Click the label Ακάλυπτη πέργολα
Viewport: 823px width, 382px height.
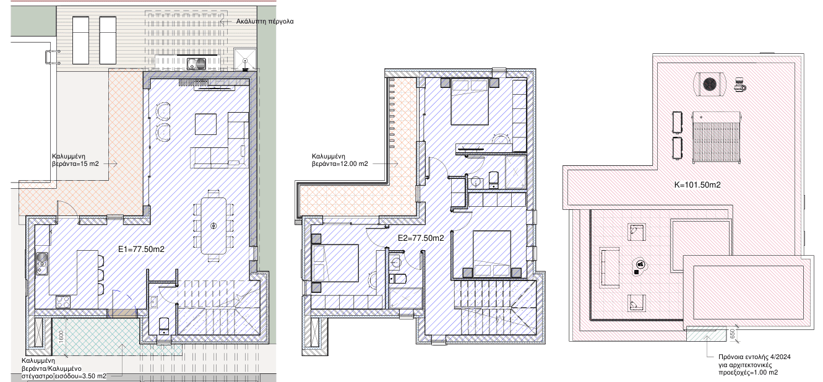tap(264, 21)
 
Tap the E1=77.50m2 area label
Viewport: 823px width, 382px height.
tap(141, 250)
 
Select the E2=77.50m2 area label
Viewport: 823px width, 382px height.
tap(421, 238)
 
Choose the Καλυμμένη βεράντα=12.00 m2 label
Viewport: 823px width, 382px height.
tap(340, 160)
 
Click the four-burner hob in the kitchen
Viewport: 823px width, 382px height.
tap(63, 302)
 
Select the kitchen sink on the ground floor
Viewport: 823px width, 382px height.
tap(41, 263)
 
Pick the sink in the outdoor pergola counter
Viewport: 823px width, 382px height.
tap(197, 63)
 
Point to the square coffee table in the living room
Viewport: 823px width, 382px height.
tap(205, 124)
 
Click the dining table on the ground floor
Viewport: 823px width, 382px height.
tap(214, 225)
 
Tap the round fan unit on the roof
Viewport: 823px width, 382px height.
tap(710, 84)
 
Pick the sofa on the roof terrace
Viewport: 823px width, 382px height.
tap(610, 267)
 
